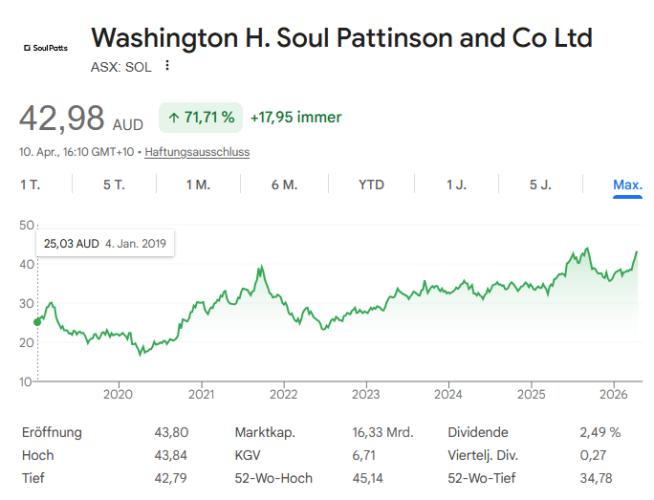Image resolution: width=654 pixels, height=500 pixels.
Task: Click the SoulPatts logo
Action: pos(45,46)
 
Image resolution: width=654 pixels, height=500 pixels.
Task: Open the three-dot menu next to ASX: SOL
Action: pos(167,66)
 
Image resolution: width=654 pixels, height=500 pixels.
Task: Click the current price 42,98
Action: pos(62,119)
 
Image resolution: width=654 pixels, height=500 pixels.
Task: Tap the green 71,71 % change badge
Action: pos(201,118)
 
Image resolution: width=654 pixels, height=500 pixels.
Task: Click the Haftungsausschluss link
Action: pos(197,152)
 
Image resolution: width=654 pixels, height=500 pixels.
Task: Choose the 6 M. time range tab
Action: pos(284,185)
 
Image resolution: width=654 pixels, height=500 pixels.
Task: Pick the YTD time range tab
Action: pos(371,185)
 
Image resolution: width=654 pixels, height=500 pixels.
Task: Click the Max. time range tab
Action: pos(627,185)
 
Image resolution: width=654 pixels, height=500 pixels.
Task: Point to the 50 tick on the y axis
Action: pos(26,225)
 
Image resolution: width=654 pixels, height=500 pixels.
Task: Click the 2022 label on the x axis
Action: pos(283,394)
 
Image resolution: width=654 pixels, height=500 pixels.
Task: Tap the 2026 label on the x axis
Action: pos(613,394)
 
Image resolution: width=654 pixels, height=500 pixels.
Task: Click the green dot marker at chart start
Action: pos(37,321)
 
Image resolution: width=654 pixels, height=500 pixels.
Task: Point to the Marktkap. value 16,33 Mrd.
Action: pos(382,432)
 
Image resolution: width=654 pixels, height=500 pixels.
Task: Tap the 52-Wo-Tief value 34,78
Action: pos(596,478)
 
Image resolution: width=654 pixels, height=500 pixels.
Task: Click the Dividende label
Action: pos(478,432)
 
